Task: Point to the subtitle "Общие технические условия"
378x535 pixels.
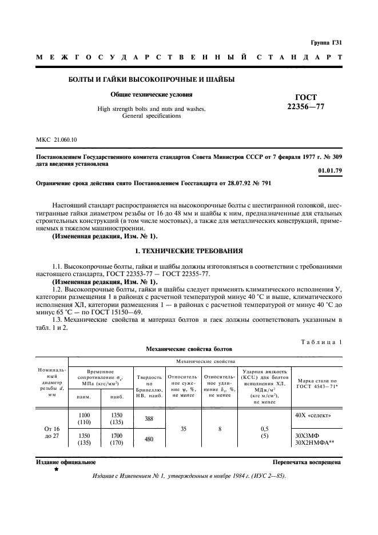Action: pyautogui.click(x=152, y=94)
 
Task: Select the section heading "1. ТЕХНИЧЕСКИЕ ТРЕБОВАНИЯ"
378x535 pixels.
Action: pyautogui.click(x=189, y=251)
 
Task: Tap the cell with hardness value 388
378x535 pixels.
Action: pyautogui.click(x=149, y=418)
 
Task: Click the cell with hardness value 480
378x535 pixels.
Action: pyautogui.click(x=149, y=440)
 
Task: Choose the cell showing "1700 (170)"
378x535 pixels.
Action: pyautogui.click(x=117, y=438)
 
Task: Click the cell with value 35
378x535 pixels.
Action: pyautogui.click(x=184, y=428)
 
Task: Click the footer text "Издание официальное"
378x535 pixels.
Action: pyautogui.click(x=58, y=462)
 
